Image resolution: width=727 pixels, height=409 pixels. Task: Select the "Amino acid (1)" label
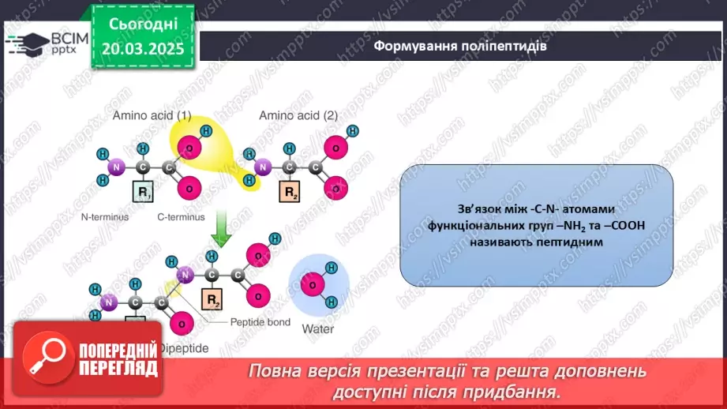click(152, 115)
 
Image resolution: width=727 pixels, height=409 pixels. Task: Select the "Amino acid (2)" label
click(298, 115)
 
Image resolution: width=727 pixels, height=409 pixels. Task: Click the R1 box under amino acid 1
click(144, 192)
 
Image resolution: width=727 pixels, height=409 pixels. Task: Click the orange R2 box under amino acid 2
click(291, 192)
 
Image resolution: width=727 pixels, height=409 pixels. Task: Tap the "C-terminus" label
click(182, 216)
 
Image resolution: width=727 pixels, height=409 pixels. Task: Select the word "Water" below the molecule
click(317, 328)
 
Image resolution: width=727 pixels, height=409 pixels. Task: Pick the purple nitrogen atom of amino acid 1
click(117, 167)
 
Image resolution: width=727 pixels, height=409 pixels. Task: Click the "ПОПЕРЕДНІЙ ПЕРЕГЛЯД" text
click(118, 360)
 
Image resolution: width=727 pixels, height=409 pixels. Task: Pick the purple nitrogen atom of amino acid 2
click(264, 167)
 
